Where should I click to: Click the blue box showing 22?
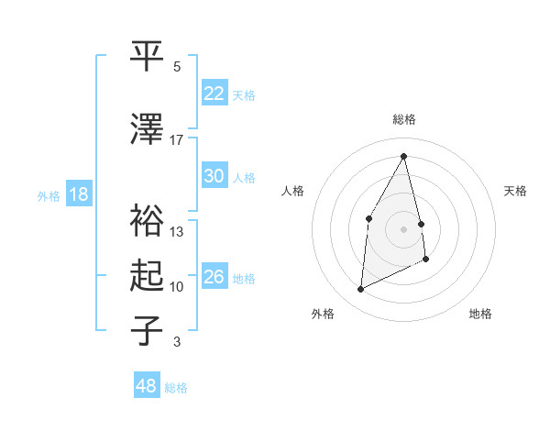214,94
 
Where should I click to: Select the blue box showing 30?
214,176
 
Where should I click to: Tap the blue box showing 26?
214,277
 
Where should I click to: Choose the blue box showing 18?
78,194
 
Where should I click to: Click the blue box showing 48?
146,386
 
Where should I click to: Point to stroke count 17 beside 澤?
177,139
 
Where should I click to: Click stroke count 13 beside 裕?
177,231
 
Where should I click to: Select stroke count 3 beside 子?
177,342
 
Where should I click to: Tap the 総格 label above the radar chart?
404,119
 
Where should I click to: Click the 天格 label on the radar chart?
515,191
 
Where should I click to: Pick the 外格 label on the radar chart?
323,314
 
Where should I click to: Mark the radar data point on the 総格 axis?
404,156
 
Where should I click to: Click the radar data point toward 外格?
360,290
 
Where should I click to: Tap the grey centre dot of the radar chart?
404,228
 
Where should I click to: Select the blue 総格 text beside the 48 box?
176,388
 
